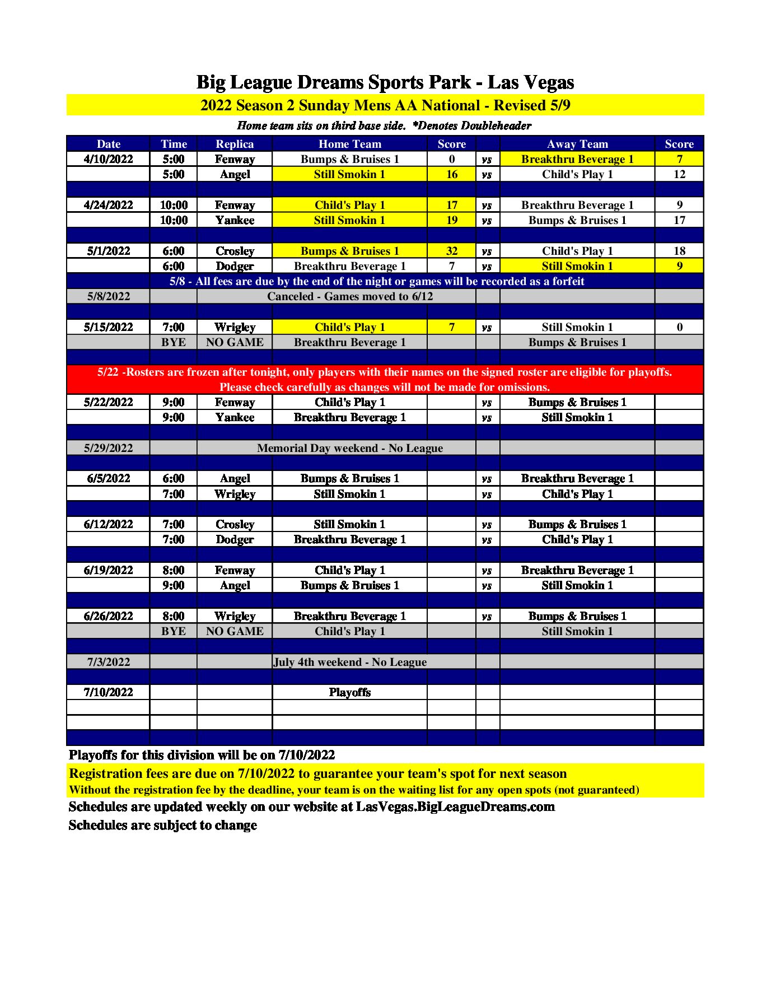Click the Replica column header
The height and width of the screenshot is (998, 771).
tap(235, 144)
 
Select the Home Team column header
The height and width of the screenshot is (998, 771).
tap(349, 144)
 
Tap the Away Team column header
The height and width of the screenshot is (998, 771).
tap(577, 144)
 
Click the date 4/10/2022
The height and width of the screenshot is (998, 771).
tap(108, 159)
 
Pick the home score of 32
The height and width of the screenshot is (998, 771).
tap(451, 251)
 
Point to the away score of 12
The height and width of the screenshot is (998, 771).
tap(679, 174)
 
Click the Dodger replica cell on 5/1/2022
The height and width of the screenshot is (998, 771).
tap(235, 266)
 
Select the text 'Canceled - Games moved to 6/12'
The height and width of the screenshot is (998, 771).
tap(349, 296)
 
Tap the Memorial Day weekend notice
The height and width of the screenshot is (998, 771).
tap(349, 448)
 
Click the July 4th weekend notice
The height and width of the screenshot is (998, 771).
tap(349, 662)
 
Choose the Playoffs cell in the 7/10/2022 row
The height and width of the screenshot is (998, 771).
tap(349, 692)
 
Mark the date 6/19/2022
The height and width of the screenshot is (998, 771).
tap(108, 570)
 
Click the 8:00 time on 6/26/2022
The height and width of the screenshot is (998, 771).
tap(174, 616)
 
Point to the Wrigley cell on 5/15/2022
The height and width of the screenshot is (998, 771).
tap(235, 327)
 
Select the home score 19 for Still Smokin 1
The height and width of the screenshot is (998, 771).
tap(451, 220)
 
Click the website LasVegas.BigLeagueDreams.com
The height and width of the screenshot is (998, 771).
tap(455, 806)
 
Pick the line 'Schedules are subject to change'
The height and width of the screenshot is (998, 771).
tap(162, 825)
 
